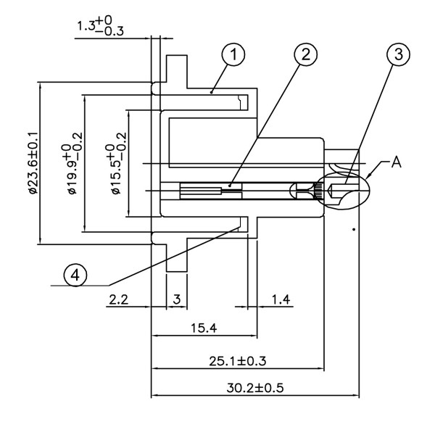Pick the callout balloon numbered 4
point(75,275)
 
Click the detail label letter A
point(396,163)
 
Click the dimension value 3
point(176,299)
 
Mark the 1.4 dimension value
point(281,299)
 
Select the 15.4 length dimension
point(204,328)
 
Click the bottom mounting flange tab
point(178,256)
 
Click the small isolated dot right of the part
point(353,230)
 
